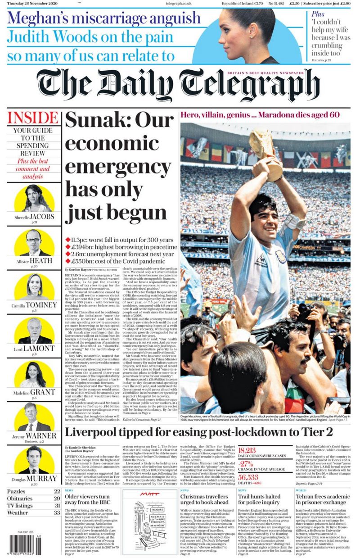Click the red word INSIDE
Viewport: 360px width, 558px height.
point(34,118)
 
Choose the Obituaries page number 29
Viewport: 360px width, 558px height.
point(57,499)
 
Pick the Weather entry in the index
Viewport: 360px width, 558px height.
point(18,513)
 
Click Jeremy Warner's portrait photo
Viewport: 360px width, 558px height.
point(34,419)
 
